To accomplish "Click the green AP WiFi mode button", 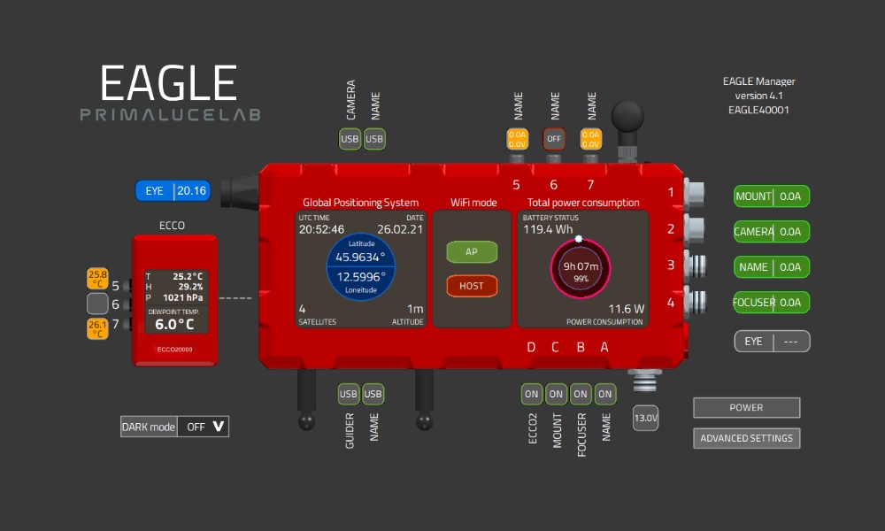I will click(x=472, y=252).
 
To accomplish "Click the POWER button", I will click(x=746, y=408).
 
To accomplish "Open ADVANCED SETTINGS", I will click(x=746, y=438).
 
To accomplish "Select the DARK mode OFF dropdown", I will click(x=203, y=427).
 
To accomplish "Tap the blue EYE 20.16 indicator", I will click(x=173, y=190).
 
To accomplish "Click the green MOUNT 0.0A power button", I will click(x=772, y=196).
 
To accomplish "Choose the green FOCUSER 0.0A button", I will click(x=772, y=303).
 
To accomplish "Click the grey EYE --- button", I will click(x=772, y=341).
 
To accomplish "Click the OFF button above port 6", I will click(x=555, y=139).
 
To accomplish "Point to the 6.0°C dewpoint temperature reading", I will click(x=173, y=324).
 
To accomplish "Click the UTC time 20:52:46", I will click(x=321, y=230).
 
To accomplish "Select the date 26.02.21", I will click(x=400, y=230).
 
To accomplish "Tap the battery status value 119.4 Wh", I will click(x=548, y=230).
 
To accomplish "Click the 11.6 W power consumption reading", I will click(x=626, y=309).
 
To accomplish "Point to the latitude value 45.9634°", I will click(x=361, y=258).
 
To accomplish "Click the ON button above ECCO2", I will click(x=532, y=394).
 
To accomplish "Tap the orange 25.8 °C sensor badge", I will click(x=97, y=279).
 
